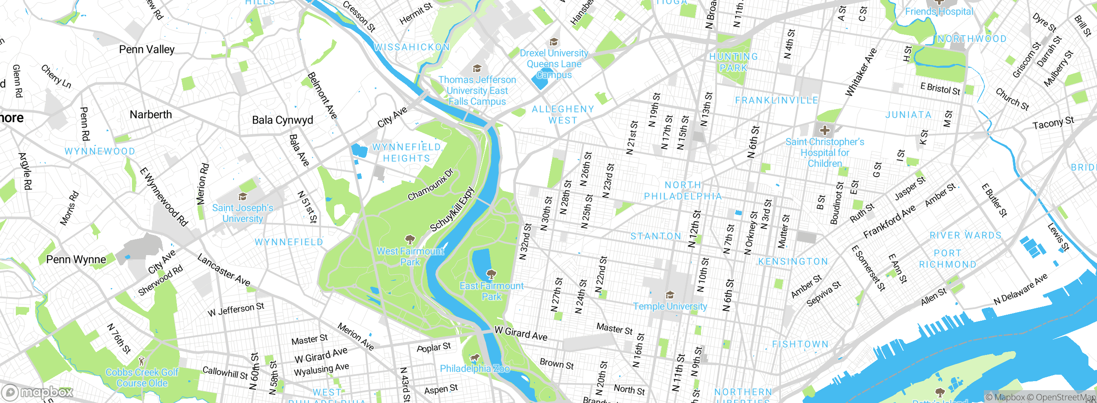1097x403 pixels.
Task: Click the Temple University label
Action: tap(670, 306)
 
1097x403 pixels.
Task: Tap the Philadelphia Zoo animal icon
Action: tap(474, 358)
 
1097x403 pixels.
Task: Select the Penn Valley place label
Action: tap(147, 49)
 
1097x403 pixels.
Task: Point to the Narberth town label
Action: tap(150, 114)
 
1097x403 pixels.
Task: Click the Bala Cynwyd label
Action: tap(282, 120)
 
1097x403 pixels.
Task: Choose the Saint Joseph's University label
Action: tap(243, 213)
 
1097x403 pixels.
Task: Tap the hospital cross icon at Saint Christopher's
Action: tap(824, 130)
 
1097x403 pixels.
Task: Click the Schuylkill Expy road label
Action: tap(453, 209)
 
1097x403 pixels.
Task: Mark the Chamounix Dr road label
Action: tap(430, 185)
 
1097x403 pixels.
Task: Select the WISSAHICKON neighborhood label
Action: tap(412, 47)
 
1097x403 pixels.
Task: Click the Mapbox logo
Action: tap(38, 392)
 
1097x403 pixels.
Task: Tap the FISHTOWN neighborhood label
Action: tap(800, 344)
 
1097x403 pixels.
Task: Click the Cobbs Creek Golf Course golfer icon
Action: tap(142, 361)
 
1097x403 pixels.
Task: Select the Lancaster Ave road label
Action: tap(224, 270)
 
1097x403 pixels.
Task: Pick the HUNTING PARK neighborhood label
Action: tap(733, 62)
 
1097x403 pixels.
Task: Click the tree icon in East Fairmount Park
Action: tap(492, 274)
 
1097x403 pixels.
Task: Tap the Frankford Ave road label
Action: tap(889, 222)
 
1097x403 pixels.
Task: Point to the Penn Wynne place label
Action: tap(76, 259)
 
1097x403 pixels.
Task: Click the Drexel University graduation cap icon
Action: tap(554, 42)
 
